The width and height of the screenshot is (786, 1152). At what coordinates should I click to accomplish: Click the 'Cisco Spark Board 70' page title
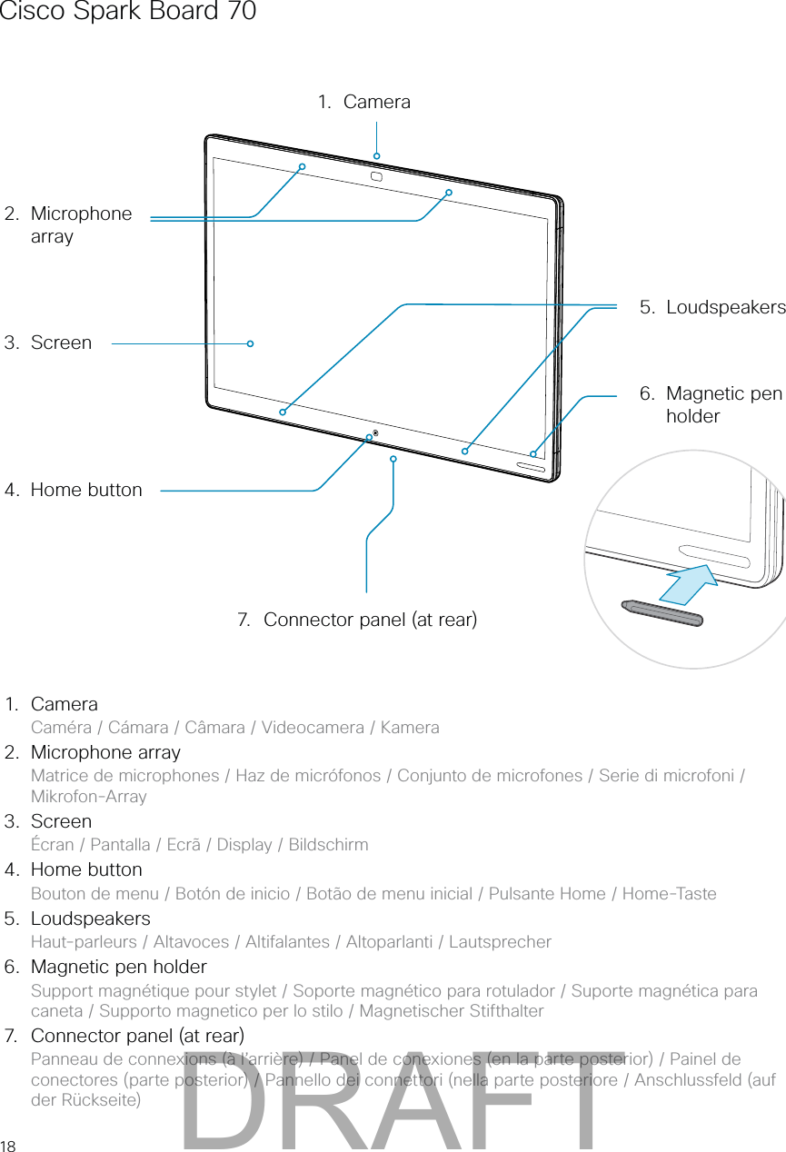pos(127,12)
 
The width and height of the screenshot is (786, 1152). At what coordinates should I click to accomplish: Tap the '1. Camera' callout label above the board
pos(364,102)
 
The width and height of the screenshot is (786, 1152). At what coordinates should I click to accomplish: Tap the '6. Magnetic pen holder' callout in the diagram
pos(711,404)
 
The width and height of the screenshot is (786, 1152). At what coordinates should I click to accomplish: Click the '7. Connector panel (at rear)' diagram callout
pos(356,620)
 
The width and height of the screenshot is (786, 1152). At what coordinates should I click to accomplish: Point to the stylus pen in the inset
pos(662,612)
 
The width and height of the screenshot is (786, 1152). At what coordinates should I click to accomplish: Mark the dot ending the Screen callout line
pos(250,343)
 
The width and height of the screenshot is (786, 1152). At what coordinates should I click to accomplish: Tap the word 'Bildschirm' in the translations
pos(328,845)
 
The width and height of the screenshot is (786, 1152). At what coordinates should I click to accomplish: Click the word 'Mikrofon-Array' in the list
pos(88,797)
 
